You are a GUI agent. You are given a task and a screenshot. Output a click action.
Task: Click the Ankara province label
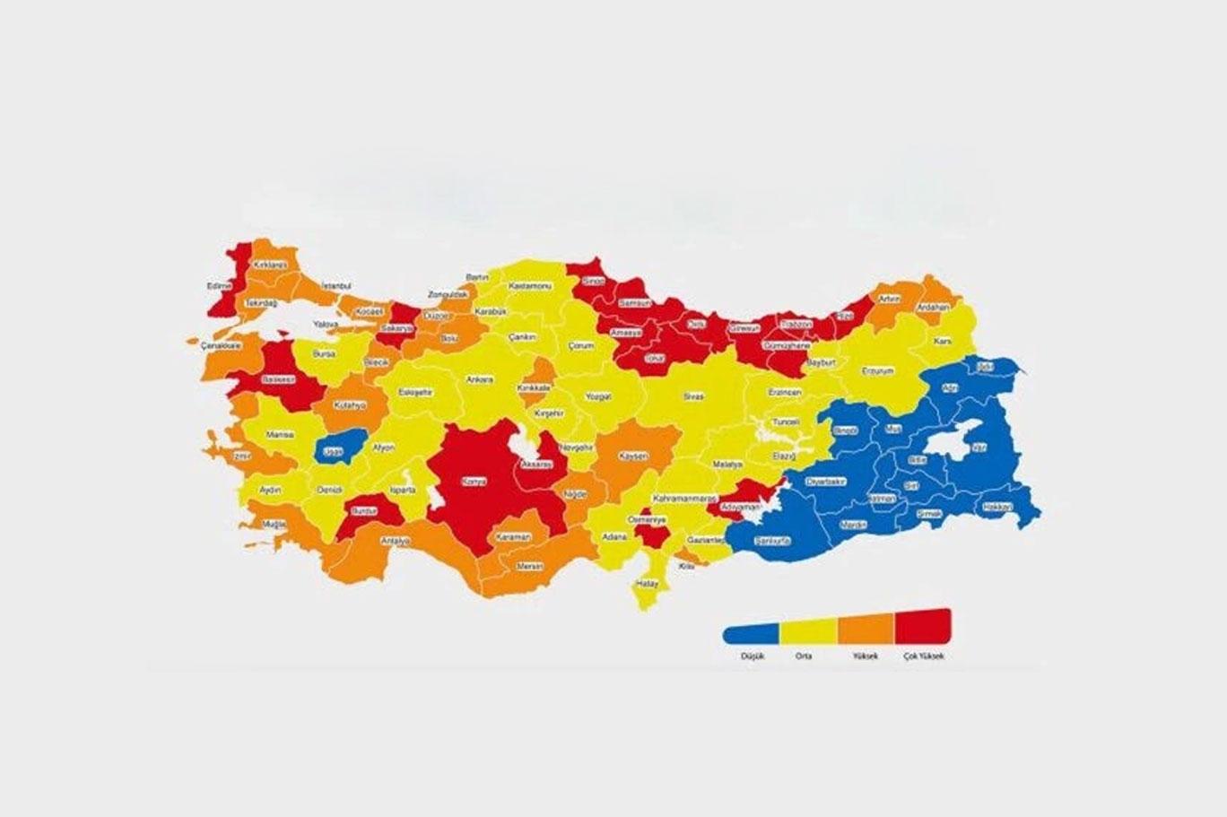coord(479,379)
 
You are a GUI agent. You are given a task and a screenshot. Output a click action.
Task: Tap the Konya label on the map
coord(473,482)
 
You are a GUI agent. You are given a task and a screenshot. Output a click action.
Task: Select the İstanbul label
coord(336,284)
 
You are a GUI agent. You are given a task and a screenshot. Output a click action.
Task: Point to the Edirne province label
coord(219,286)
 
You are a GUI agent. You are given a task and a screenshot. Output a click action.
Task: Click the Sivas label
coord(693,396)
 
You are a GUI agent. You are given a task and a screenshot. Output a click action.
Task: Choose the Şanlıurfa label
coord(773,542)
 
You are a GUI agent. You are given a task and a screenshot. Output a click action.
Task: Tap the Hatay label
coord(647,584)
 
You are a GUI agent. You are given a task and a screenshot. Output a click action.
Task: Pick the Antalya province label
coord(395,541)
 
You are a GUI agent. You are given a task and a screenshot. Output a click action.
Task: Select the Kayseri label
coord(632,456)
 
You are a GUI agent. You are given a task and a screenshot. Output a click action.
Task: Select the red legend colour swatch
coord(923,625)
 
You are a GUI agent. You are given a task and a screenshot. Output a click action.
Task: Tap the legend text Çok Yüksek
coord(924,656)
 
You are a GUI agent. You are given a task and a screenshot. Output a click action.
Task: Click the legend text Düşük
coord(751,656)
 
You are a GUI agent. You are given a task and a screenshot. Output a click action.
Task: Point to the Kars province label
coord(942,342)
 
